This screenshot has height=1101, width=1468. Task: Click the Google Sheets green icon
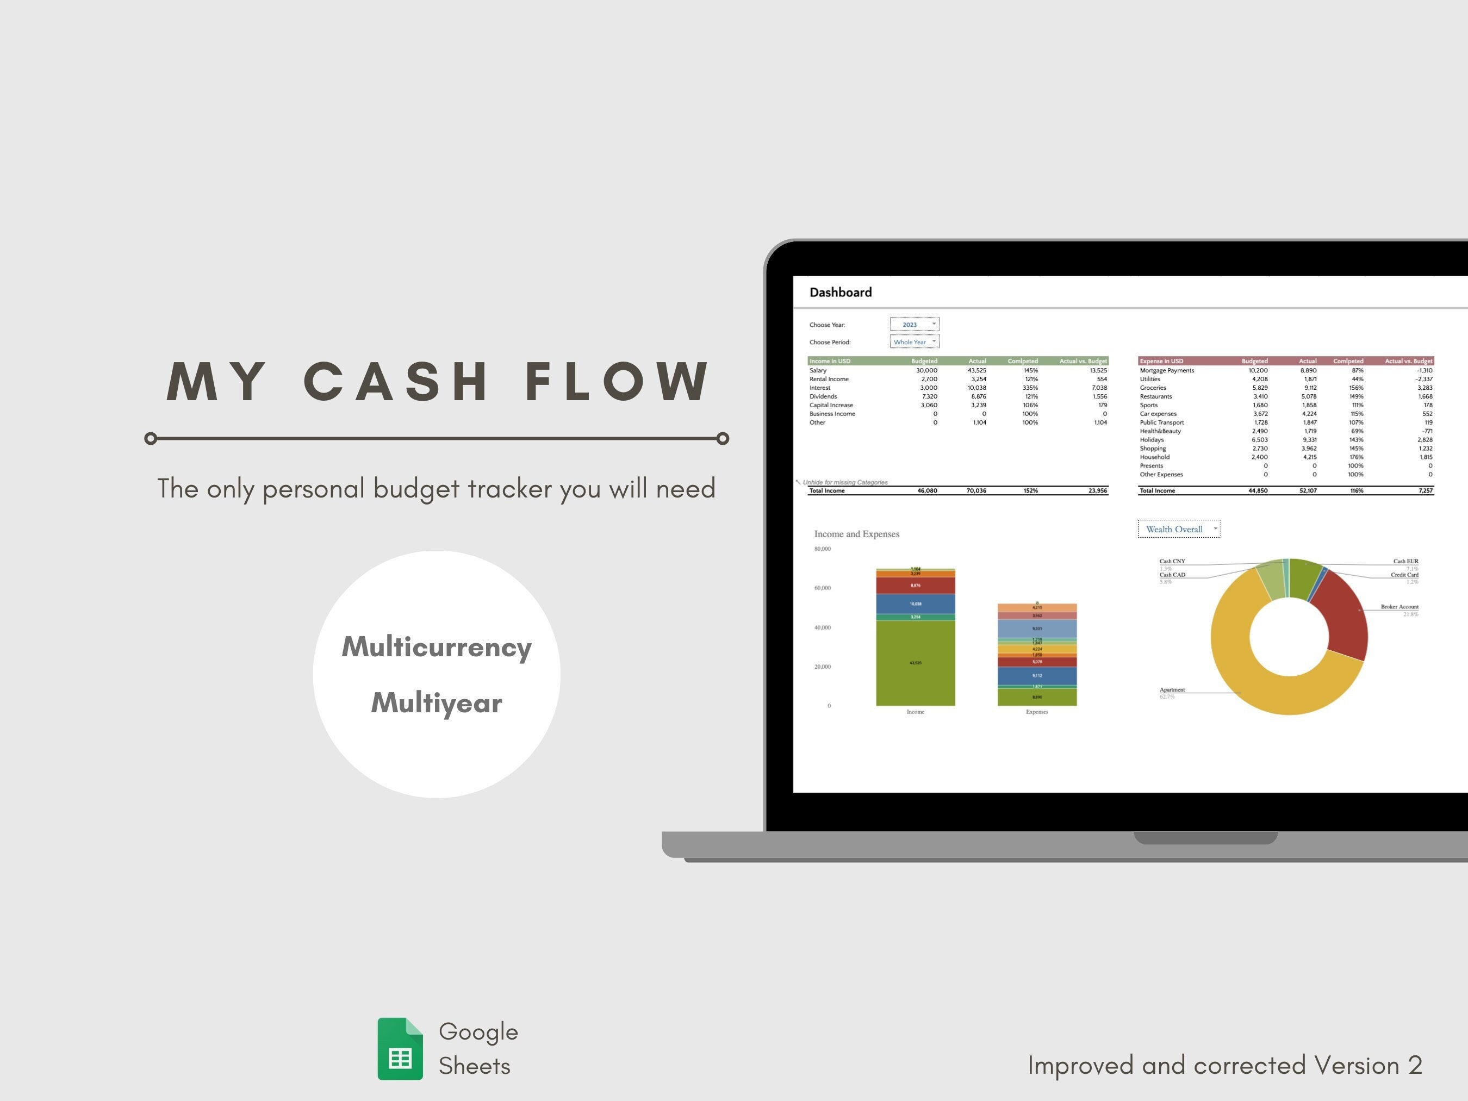point(400,1049)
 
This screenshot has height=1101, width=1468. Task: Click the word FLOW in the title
point(617,382)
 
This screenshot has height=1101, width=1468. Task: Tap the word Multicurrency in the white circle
point(437,647)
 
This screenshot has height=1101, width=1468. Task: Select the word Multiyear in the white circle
point(437,703)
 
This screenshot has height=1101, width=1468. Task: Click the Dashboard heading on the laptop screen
point(840,293)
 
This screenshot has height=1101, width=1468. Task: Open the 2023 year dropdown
point(915,325)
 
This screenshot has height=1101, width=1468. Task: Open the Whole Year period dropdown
point(915,342)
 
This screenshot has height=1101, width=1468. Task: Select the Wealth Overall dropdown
point(1179,529)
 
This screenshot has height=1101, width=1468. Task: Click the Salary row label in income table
point(818,370)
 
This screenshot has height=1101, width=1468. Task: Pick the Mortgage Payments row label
point(1167,370)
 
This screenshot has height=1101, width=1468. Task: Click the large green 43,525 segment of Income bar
point(915,662)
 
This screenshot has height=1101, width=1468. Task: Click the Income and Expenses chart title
point(856,534)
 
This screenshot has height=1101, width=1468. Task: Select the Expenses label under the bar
point(1037,712)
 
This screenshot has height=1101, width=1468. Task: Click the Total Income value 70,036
point(976,491)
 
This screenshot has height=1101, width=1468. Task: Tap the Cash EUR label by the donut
point(1405,562)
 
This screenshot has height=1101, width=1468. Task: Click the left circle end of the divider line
point(151,438)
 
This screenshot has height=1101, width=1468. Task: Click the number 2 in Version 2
point(1415,1065)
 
